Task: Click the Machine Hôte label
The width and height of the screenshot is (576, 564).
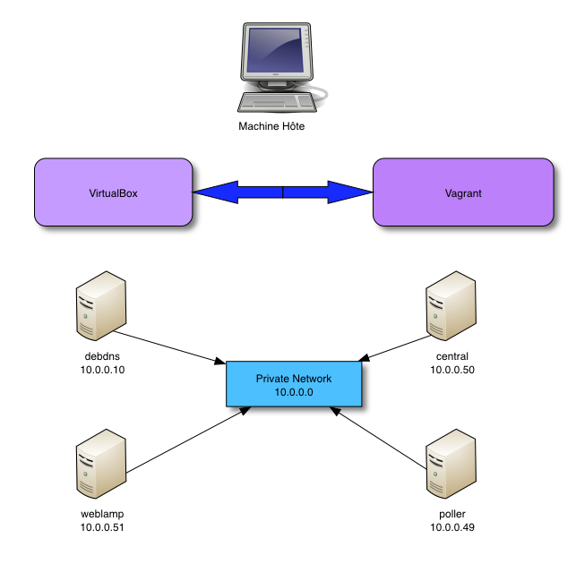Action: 271,126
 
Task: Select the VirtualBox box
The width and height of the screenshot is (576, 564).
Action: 113,192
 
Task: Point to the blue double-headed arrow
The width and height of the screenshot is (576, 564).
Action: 283,192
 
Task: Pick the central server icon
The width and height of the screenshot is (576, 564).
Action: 450,306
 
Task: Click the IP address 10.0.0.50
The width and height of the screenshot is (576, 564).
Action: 451,370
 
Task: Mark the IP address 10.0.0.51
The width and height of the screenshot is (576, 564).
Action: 101,527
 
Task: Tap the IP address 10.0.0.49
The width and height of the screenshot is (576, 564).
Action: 451,527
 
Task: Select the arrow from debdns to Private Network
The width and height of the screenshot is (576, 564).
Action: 170,347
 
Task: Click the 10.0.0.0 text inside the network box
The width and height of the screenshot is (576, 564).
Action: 294,392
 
